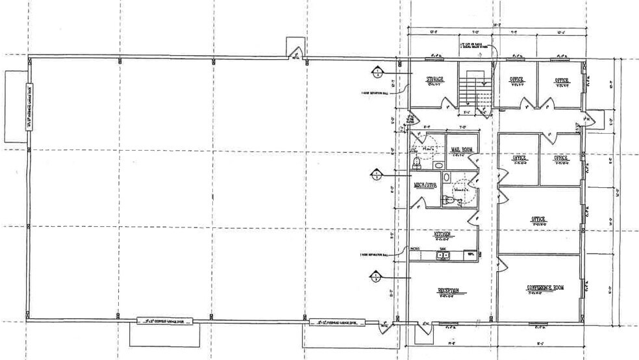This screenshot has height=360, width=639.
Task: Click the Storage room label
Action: [435, 80]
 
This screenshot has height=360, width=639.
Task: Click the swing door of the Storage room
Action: [448, 103]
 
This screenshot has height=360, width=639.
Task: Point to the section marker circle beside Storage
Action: [377, 71]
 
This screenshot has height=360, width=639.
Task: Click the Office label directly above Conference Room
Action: [538, 220]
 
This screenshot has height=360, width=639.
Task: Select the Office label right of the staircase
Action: [517, 81]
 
